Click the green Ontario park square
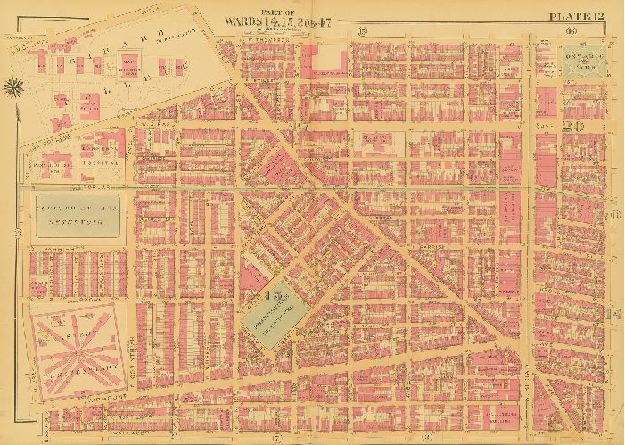583,62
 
